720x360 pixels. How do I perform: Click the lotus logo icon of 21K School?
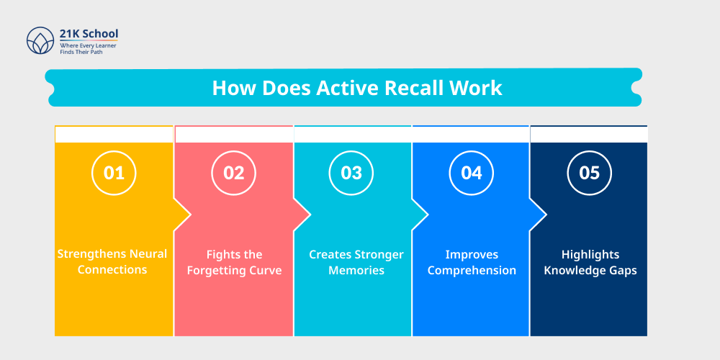point(40,41)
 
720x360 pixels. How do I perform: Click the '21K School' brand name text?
point(89,34)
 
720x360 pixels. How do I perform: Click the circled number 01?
point(114,173)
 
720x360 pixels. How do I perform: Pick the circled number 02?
point(233,173)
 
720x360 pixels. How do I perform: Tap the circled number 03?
point(351,173)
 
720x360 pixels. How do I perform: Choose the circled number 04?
point(471,173)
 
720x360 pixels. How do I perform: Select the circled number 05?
point(589,173)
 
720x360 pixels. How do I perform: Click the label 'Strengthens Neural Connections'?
point(112,262)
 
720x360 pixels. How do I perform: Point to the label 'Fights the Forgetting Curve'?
point(234,263)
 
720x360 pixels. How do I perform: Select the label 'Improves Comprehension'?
point(472,263)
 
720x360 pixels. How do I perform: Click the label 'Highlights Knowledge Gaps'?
point(590,263)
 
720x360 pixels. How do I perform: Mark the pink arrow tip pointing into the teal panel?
point(302,215)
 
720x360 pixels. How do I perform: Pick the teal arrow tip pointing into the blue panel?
point(420,215)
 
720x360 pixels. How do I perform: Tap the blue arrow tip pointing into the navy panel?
point(539,215)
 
